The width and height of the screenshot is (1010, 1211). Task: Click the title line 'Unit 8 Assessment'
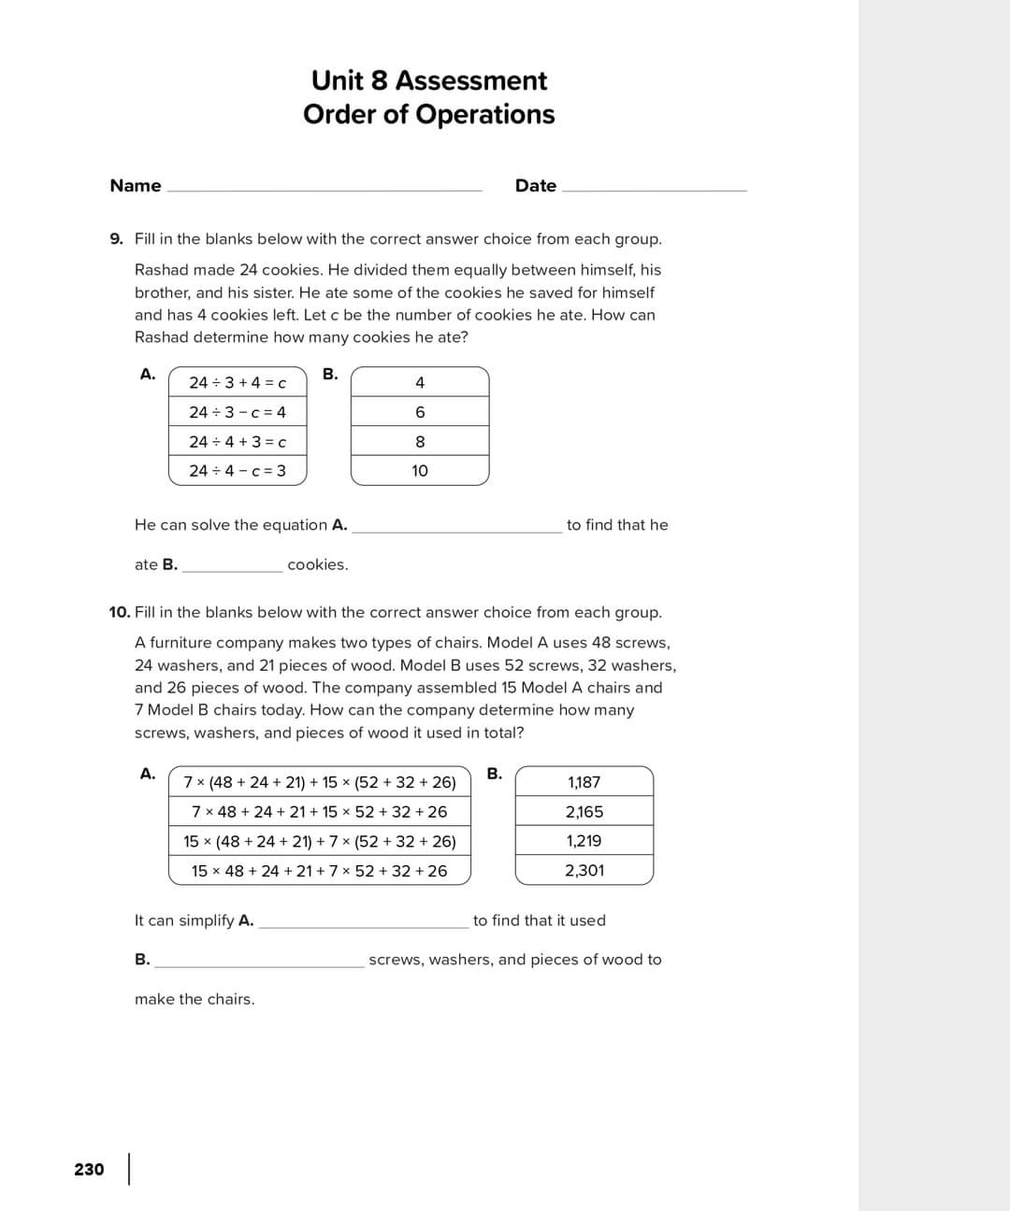tap(428, 80)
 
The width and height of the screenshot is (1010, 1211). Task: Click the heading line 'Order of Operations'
tap(428, 114)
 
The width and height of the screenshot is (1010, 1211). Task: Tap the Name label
tap(136, 185)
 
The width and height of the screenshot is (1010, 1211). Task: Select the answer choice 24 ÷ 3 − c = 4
tap(238, 412)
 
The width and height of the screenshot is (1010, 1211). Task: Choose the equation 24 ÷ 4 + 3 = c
tap(238, 442)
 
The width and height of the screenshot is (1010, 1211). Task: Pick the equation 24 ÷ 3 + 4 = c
tap(238, 382)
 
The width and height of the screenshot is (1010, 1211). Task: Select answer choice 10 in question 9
tap(420, 471)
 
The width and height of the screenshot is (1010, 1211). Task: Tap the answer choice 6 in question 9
tap(420, 412)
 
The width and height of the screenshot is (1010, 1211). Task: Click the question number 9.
tap(116, 239)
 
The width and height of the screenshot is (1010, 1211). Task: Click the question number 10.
tap(119, 613)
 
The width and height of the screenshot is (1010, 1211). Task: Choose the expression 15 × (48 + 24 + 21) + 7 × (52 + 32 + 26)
tap(320, 841)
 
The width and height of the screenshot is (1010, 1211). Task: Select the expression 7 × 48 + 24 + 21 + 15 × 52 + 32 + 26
tap(320, 812)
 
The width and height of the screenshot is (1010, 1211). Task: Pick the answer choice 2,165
tap(584, 812)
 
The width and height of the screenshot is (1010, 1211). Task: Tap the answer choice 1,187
tap(584, 782)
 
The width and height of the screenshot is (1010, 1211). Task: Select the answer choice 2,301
tap(584, 871)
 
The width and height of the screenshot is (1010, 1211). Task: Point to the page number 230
tap(89, 1169)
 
